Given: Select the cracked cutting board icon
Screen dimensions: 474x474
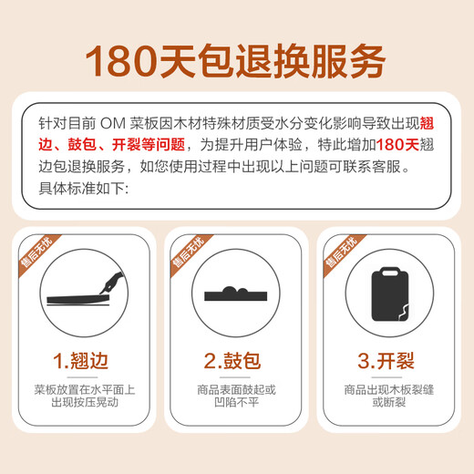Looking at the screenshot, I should coord(386,294).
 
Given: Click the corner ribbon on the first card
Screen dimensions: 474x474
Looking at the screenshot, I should coord(36,254).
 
